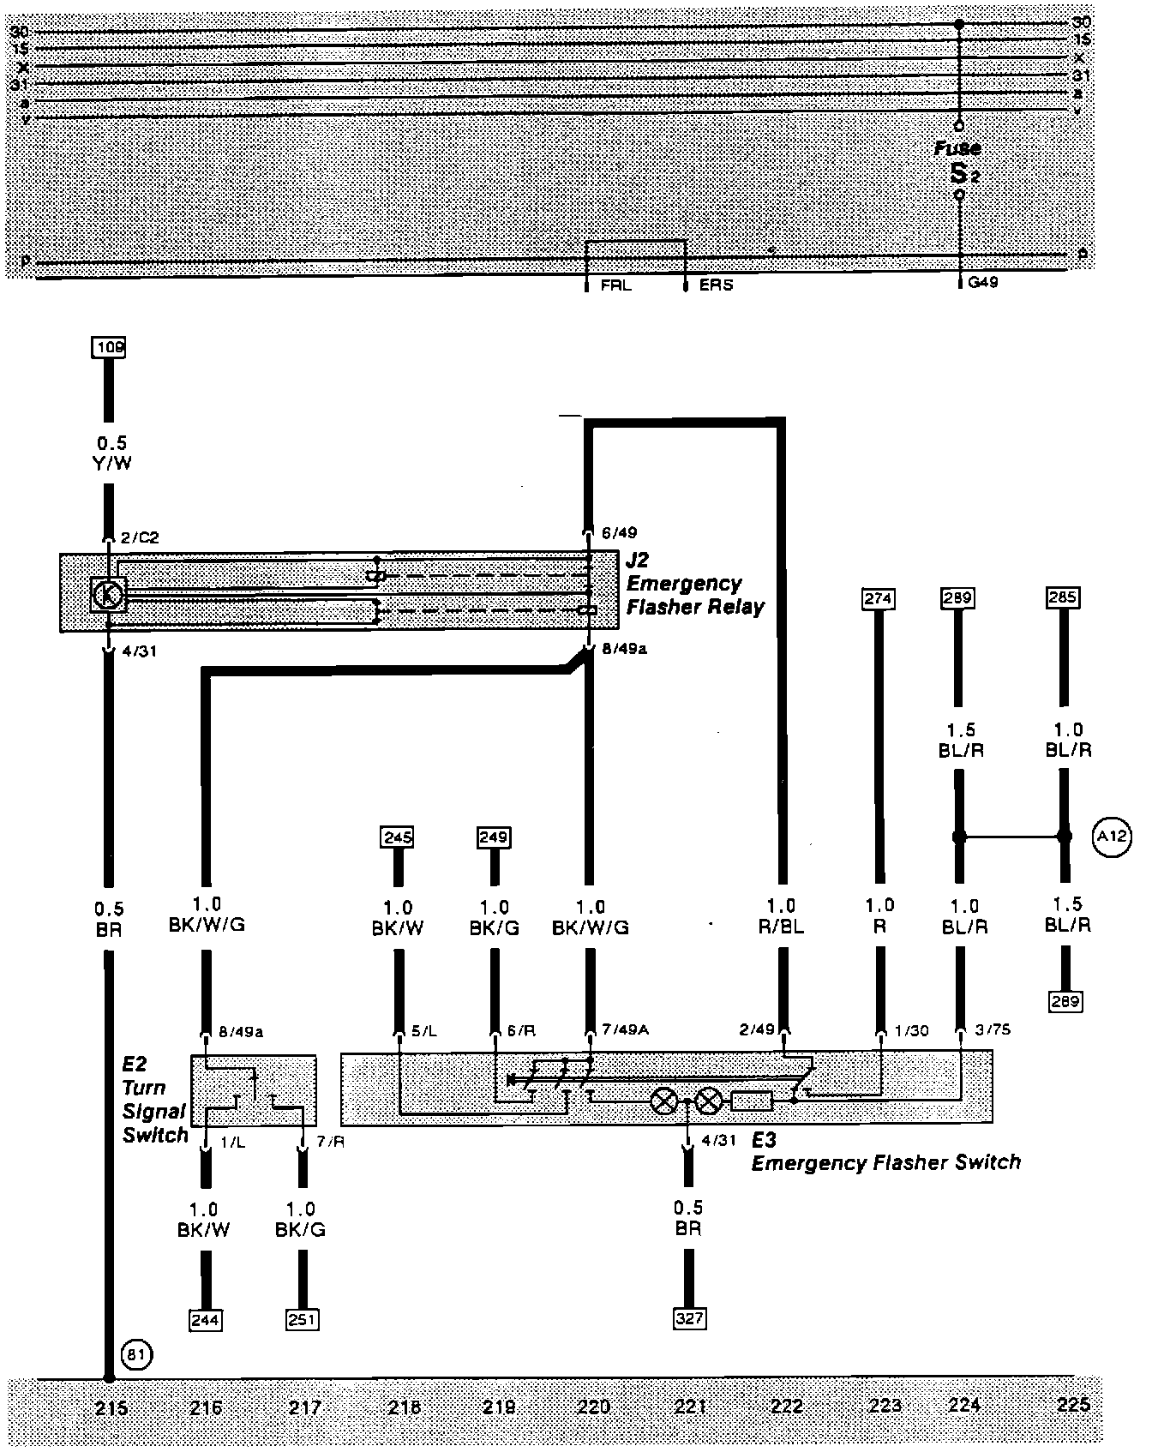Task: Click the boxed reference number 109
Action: [109, 347]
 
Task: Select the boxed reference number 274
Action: [879, 598]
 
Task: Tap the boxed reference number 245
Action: [398, 837]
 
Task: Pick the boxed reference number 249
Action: [494, 837]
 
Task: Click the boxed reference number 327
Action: [689, 1318]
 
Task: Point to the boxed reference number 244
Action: [205, 1320]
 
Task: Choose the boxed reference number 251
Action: [302, 1320]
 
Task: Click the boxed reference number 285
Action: [1063, 597]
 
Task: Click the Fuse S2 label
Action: [959, 162]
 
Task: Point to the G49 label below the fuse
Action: [983, 282]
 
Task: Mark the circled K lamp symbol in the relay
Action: [109, 593]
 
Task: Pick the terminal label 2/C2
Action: [139, 538]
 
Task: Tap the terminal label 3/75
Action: [992, 1029]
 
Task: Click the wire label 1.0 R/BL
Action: [782, 916]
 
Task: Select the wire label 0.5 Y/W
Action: [111, 453]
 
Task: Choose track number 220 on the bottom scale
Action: [593, 1407]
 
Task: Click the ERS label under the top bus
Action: [716, 285]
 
